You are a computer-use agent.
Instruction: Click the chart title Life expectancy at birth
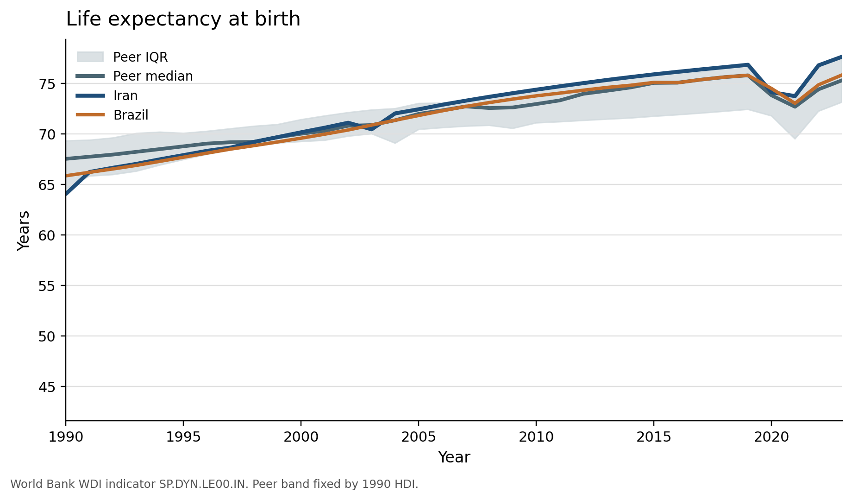pos(183,19)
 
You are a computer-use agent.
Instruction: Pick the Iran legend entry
pos(125,95)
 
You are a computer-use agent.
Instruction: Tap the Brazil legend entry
pos(131,115)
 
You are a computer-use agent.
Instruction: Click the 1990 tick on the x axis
pos(66,437)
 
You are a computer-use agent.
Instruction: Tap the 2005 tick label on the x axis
pos(419,437)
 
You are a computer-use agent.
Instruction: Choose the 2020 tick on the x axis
pos(771,437)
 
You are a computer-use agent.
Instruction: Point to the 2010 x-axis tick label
pos(536,437)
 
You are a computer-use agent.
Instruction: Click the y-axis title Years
pos(24,230)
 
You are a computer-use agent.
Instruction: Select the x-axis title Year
pos(454,457)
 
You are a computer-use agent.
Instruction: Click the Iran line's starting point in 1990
pos(67,194)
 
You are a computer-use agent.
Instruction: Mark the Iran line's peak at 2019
pos(748,65)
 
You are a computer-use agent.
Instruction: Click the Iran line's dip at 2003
pos(371,129)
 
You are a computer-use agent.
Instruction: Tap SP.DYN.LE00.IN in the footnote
pos(204,484)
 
